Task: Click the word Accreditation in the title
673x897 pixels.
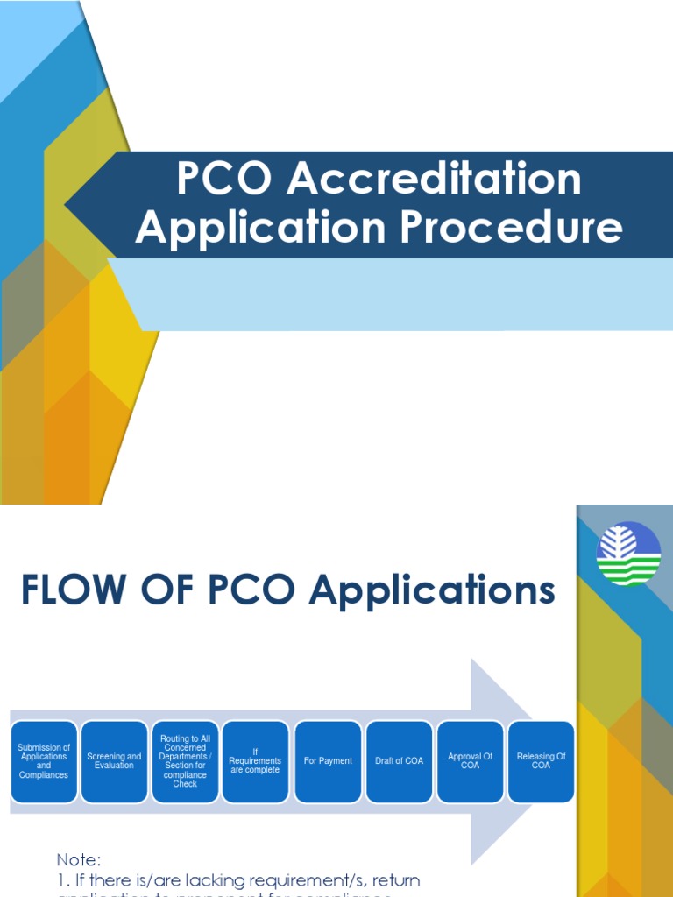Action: coord(436,180)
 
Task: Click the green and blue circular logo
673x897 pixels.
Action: coord(628,554)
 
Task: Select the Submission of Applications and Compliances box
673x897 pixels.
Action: coord(44,760)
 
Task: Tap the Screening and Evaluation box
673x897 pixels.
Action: coord(114,760)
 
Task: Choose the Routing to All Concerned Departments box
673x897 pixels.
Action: coord(185,760)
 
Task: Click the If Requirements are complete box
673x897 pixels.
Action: coord(255,760)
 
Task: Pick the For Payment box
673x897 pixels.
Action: coord(328,760)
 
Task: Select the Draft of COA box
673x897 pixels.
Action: coord(399,760)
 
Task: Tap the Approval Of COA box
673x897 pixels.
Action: coord(471,760)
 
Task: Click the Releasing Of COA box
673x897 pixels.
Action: coord(542,760)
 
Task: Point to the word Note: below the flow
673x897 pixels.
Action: coord(80,860)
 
